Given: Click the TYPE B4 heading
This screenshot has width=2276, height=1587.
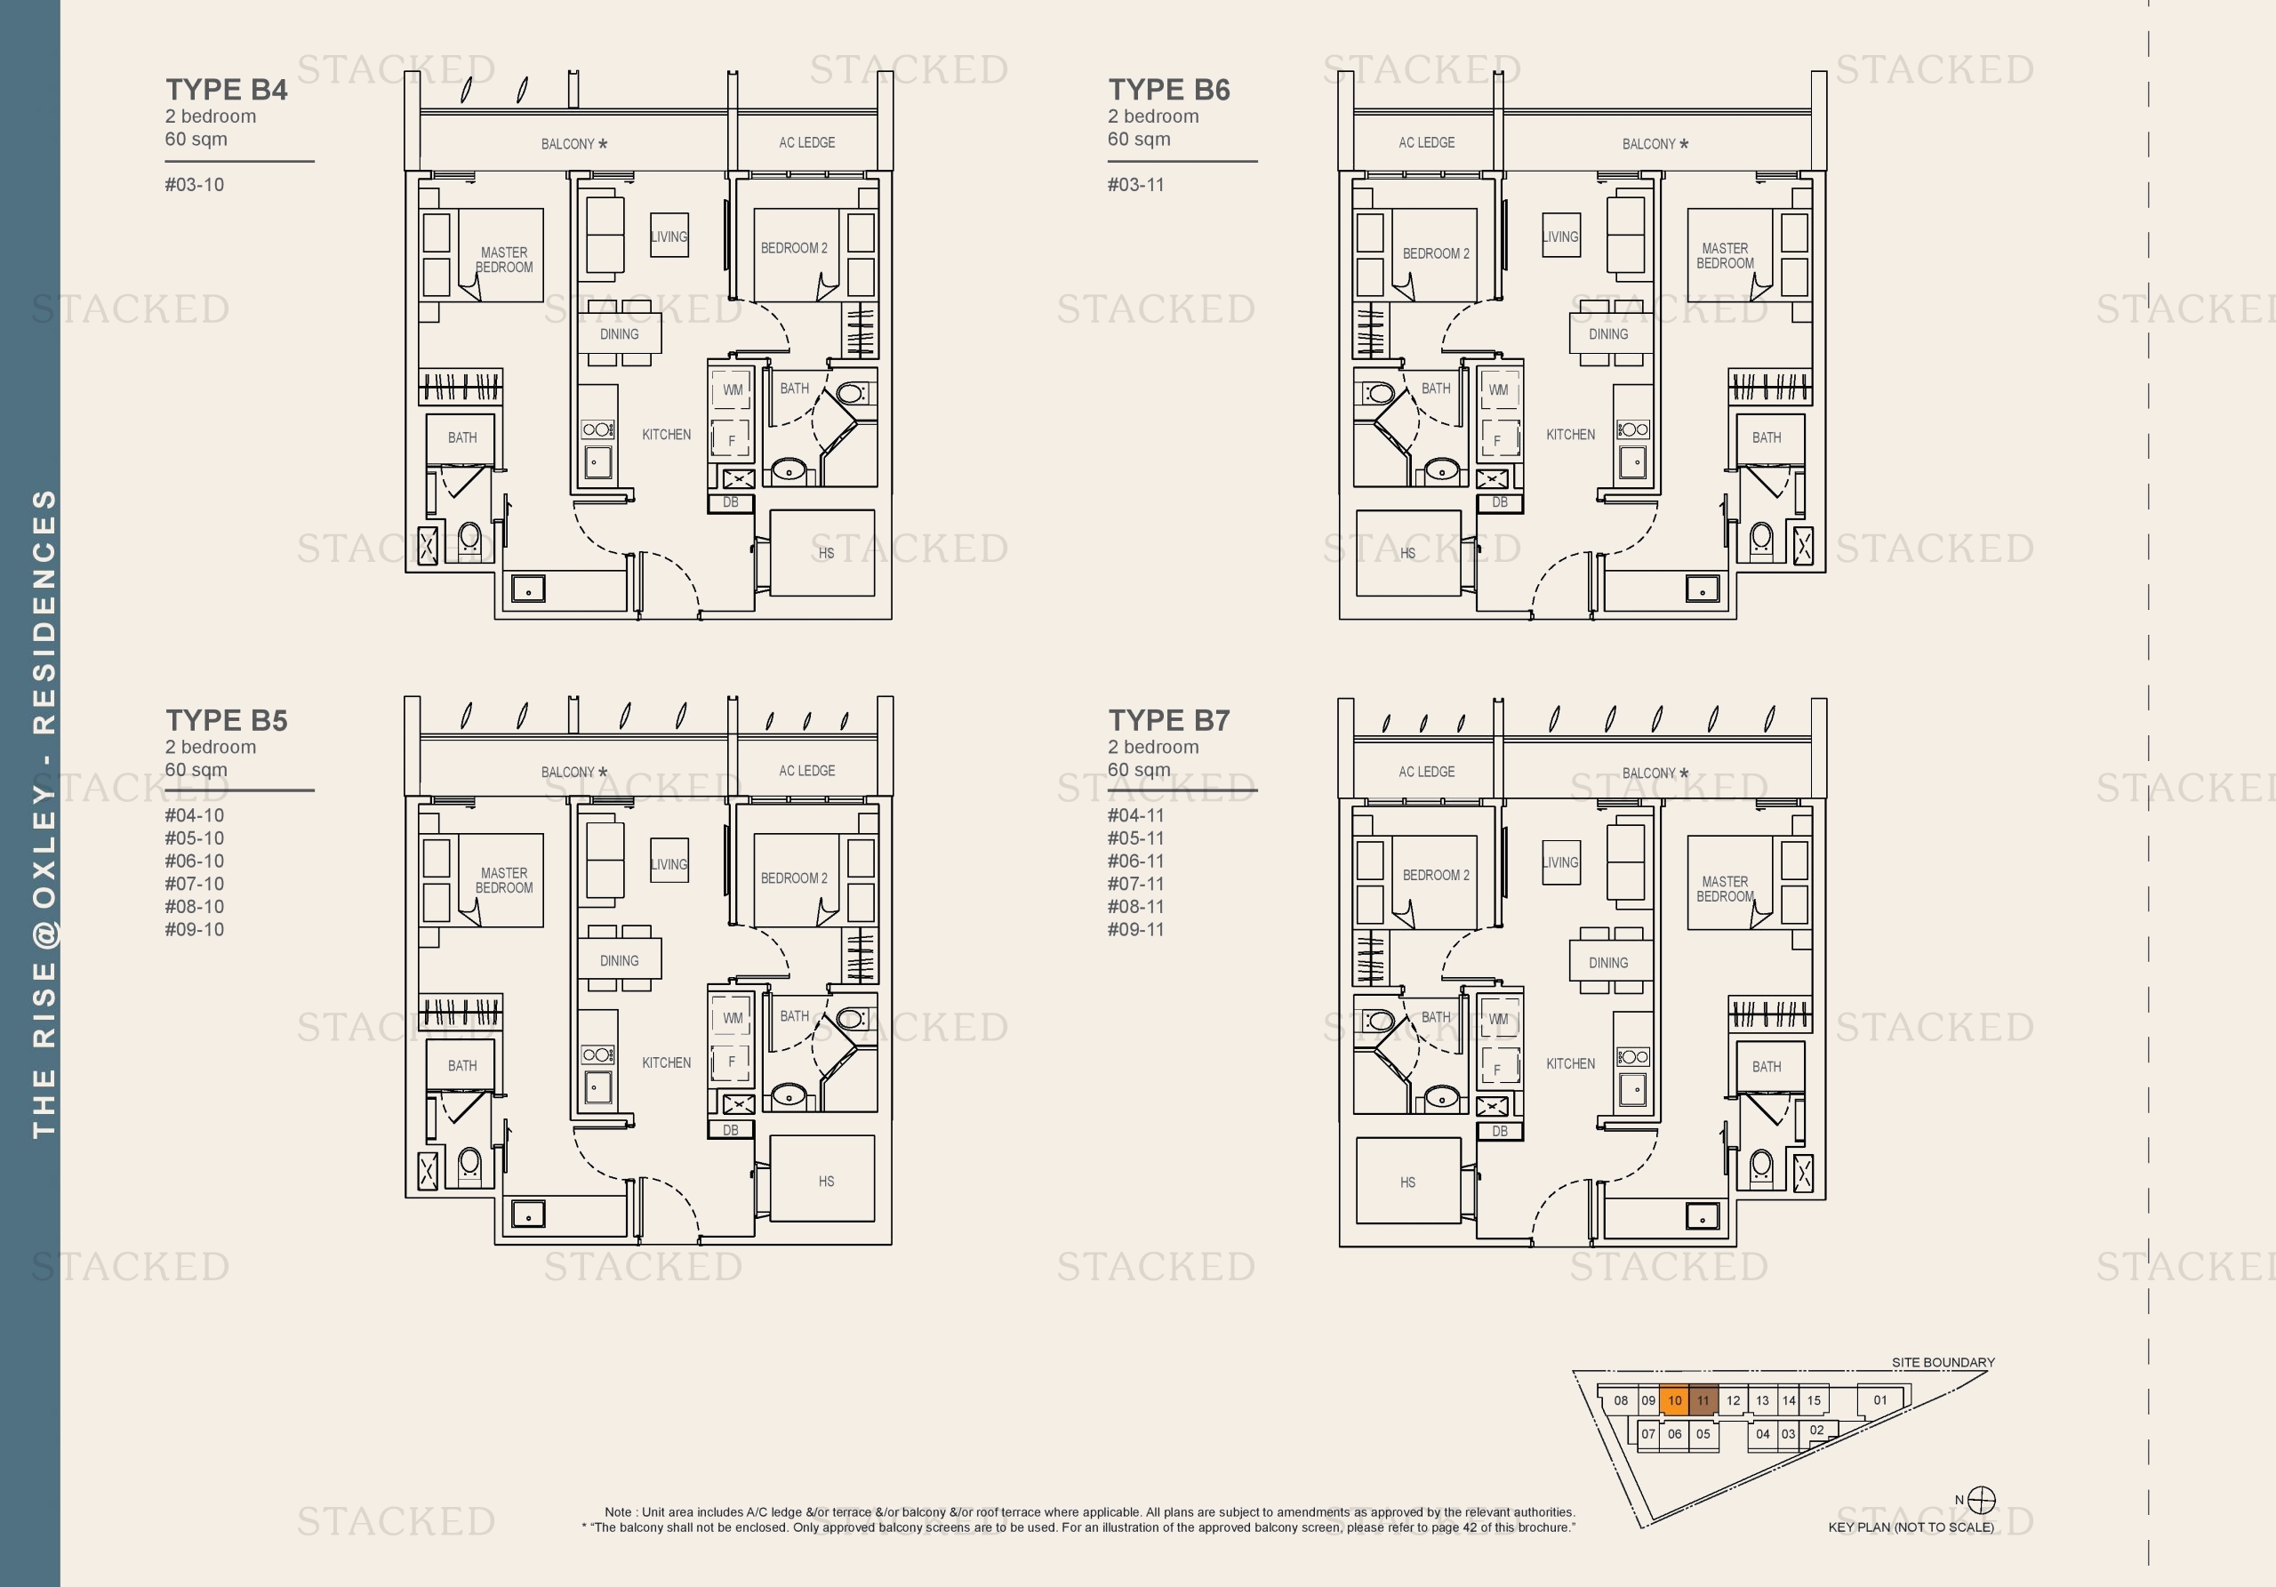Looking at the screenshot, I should tap(226, 89).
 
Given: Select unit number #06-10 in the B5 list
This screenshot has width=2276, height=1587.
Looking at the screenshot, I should tap(195, 862).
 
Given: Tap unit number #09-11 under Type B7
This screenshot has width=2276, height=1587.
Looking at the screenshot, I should tap(1135, 930).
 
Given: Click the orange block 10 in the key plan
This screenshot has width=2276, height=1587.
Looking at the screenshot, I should tap(1674, 1400).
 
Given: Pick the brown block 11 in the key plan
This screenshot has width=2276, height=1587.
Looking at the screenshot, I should tap(1703, 1400).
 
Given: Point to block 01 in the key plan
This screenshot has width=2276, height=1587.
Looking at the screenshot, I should tap(1879, 1400).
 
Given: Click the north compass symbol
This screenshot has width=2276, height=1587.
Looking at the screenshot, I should tap(1981, 1500).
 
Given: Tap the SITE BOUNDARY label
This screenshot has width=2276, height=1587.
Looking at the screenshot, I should tap(1942, 1362).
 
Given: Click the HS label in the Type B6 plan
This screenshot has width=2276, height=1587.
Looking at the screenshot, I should tap(1407, 553).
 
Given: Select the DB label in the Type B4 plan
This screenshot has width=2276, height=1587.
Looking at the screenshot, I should tap(731, 502).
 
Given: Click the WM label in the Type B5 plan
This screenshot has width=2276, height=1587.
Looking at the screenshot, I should tap(733, 1018).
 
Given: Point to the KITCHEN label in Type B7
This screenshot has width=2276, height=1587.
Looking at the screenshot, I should tap(1570, 1063).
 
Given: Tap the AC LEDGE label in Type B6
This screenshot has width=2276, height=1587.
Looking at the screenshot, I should tap(1426, 143).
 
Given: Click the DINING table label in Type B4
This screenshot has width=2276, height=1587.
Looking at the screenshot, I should tap(619, 334).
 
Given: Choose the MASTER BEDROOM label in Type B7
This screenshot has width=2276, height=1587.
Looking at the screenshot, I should tap(1725, 889).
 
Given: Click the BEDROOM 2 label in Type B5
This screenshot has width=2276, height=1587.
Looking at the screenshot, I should tap(793, 878).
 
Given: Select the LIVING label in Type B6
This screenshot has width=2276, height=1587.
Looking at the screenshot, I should tap(1560, 236).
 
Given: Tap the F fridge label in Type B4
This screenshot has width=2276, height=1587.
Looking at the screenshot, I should tap(732, 441).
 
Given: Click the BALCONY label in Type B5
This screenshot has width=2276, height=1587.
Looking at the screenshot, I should tap(568, 773).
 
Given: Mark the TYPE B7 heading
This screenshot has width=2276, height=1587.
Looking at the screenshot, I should tap(1169, 721).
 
